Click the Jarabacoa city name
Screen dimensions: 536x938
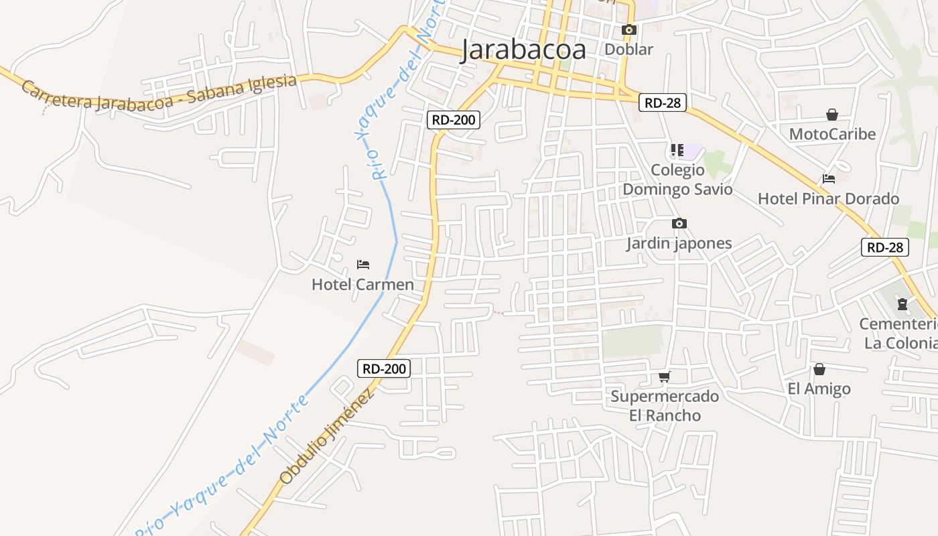[x=523, y=50]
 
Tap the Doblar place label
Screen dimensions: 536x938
[x=628, y=49]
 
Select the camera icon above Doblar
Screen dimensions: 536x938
[x=628, y=29]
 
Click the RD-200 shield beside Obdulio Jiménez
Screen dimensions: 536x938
[x=383, y=368]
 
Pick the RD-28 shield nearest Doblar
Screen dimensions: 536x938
[x=662, y=102]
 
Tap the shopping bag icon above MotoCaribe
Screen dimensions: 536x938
[x=832, y=115]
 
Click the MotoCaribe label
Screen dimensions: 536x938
[x=832, y=134]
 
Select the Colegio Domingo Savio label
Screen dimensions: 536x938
[x=677, y=180]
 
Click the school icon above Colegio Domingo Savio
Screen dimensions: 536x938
[x=677, y=150]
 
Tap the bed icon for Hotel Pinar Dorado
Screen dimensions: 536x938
[x=829, y=179]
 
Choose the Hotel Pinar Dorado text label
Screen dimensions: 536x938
[x=828, y=198]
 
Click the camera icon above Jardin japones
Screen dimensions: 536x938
[x=679, y=223]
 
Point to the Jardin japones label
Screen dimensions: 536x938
[x=679, y=243]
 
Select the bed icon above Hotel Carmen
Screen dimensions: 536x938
[x=363, y=265]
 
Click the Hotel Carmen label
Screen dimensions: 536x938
[x=362, y=284]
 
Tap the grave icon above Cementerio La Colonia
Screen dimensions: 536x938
[x=902, y=304]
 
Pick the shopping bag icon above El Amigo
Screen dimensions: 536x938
[x=819, y=369]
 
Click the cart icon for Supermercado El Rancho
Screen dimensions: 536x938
[x=665, y=377]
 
